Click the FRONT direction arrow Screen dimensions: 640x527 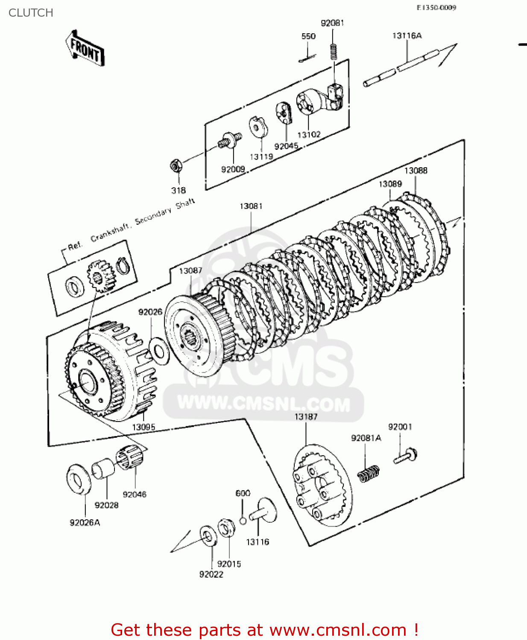coord(85,48)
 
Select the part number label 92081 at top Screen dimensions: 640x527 coord(332,23)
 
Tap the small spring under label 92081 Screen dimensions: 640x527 coord(334,52)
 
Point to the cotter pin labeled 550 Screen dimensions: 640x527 coord(308,58)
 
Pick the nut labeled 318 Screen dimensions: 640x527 coord(176,165)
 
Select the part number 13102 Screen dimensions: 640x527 coord(309,135)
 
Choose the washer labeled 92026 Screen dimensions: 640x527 coord(159,351)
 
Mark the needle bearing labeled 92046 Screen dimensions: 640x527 coord(129,457)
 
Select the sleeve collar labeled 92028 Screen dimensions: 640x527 coord(103,468)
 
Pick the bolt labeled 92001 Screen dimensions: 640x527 coord(405,456)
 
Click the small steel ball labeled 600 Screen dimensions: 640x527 coord(243,521)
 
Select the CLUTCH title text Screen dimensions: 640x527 coord(31,13)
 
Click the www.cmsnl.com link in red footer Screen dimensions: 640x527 coord(338,630)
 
